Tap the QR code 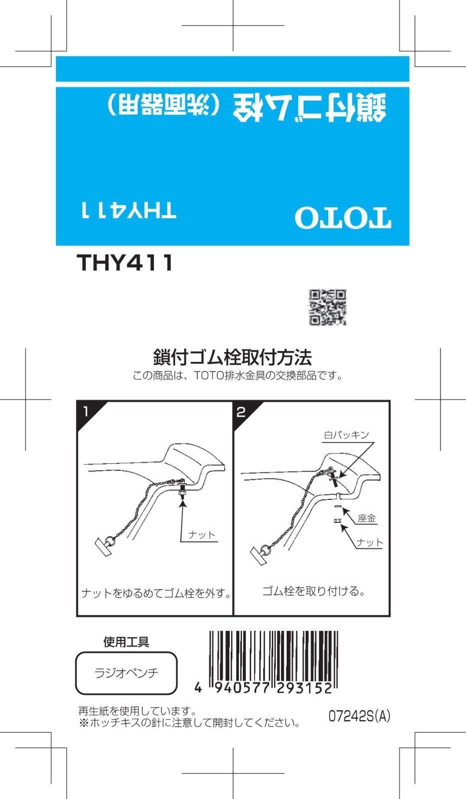click(x=328, y=307)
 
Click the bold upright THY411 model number click(x=125, y=263)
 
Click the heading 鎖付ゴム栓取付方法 click(x=232, y=358)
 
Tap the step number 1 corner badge click(x=86, y=411)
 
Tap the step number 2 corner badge click(x=242, y=412)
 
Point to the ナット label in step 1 click(x=202, y=535)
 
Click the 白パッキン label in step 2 click(x=346, y=435)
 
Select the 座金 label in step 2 click(x=367, y=518)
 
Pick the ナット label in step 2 click(x=370, y=542)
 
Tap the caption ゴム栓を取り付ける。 click(x=314, y=591)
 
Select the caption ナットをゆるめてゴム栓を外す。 click(x=156, y=593)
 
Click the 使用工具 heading click(x=126, y=642)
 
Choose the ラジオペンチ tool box click(x=126, y=673)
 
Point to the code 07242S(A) click(x=359, y=717)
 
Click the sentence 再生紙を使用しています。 click(x=137, y=711)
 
